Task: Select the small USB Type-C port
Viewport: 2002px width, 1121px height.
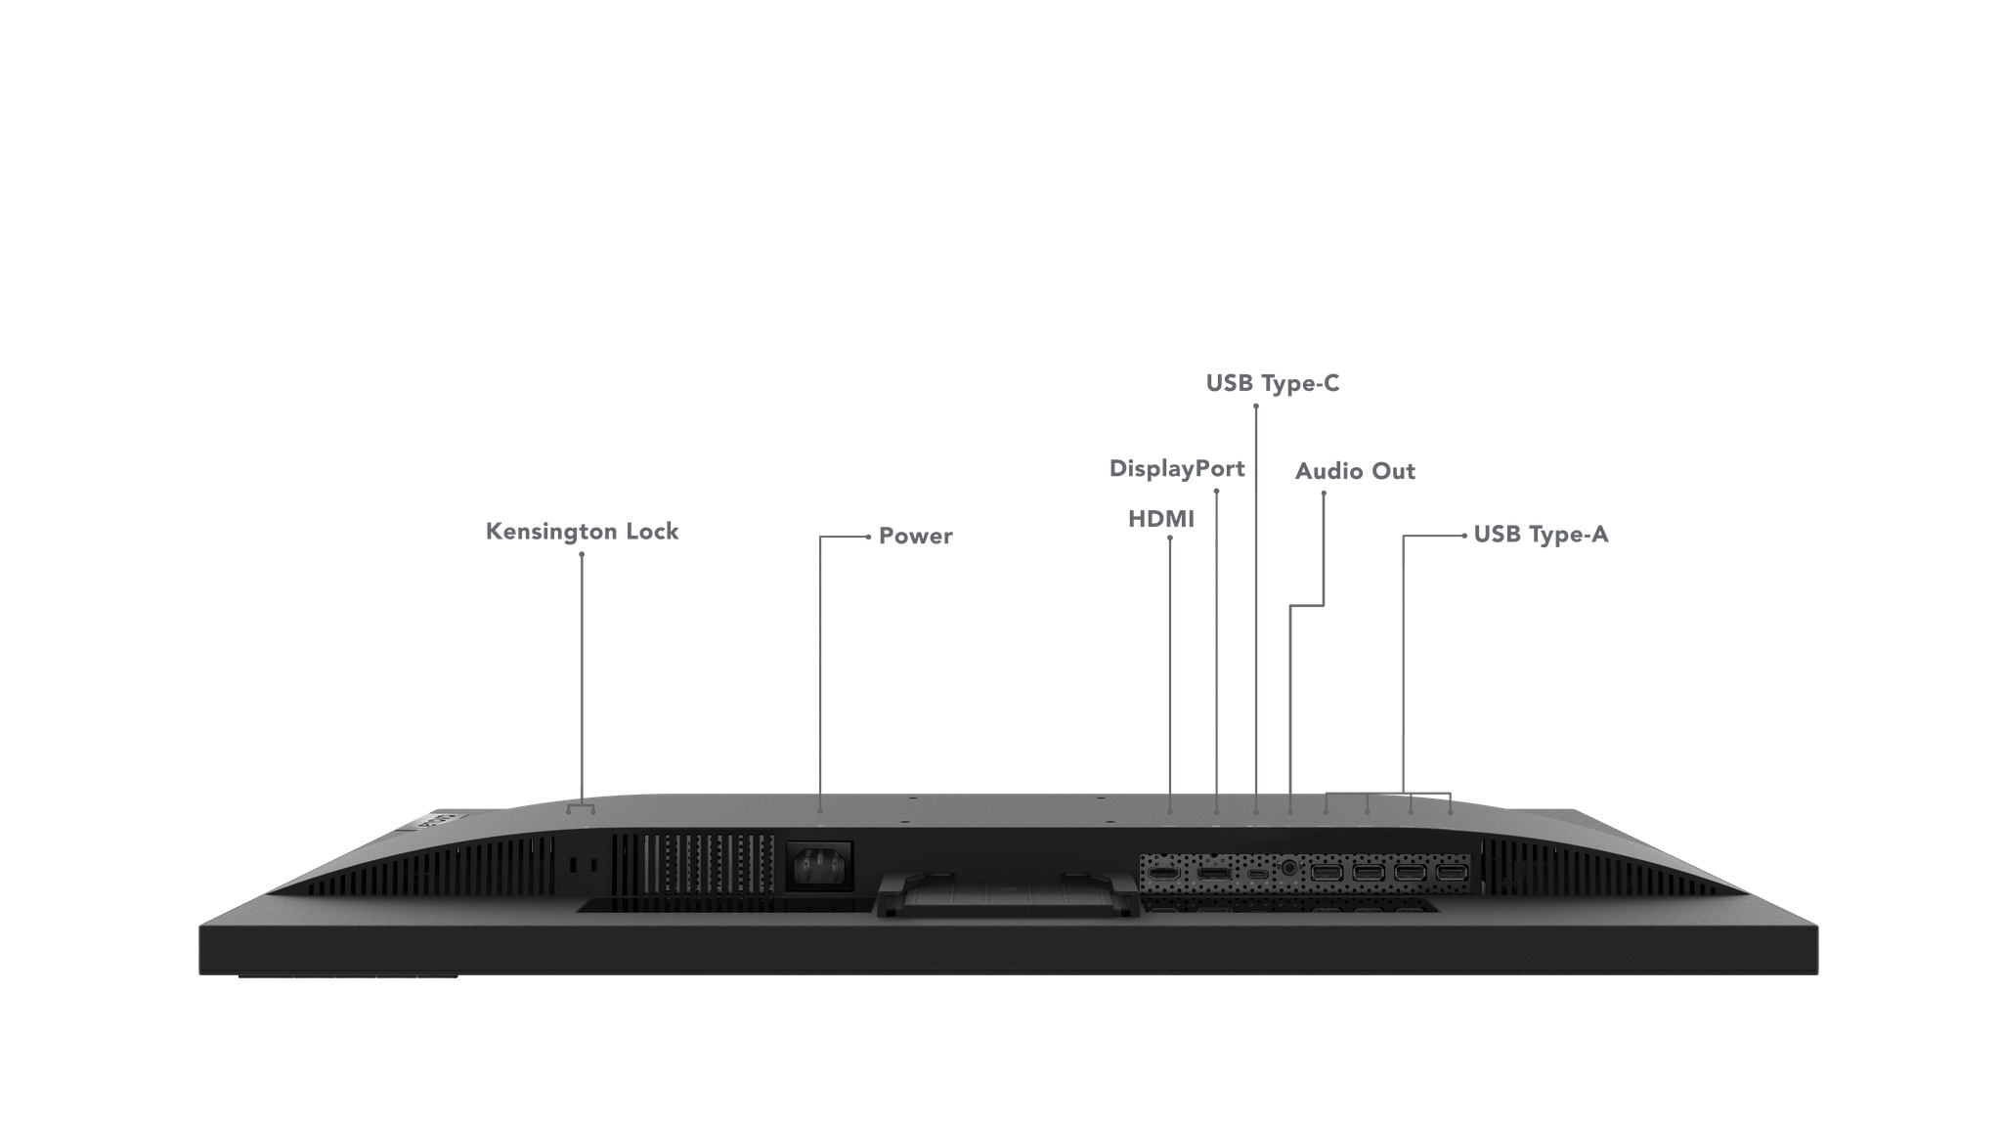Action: click(x=1257, y=871)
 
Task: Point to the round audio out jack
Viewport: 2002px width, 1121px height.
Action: click(x=1289, y=868)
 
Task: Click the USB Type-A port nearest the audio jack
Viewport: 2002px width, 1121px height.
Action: click(x=1327, y=871)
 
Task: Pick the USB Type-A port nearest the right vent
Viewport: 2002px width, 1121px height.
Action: click(x=1452, y=871)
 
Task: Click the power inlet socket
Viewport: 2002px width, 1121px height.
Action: click(x=820, y=865)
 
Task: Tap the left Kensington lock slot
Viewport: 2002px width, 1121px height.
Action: click(x=574, y=866)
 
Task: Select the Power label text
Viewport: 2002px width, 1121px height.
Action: click(x=915, y=536)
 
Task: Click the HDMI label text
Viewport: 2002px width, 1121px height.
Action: click(x=1161, y=519)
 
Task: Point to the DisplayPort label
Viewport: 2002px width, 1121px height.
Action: click(x=1177, y=469)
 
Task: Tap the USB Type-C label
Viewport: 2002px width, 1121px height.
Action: click(x=1273, y=383)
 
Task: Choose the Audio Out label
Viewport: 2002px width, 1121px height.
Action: click(x=1355, y=471)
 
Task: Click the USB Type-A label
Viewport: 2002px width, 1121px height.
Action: click(x=1541, y=535)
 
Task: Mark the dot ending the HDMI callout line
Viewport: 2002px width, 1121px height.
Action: click(x=1170, y=538)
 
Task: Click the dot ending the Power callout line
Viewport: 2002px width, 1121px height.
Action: click(x=868, y=537)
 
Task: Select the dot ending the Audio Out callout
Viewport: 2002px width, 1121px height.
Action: click(x=1324, y=493)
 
